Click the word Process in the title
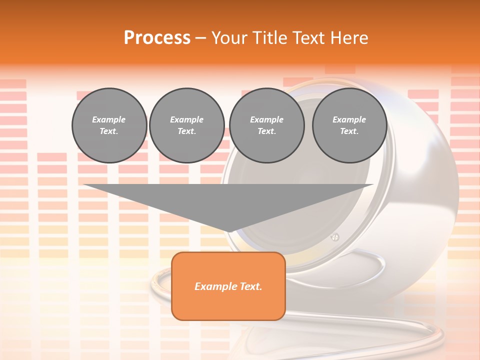pyautogui.click(x=157, y=37)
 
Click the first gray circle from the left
pyautogui.click(x=109, y=125)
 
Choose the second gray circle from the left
pyautogui.click(x=186, y=125)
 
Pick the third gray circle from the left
pyautogui.click(x=266, y=125)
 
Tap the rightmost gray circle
pyautogui.click(x=349, y=125)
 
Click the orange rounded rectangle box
pyautogui.click(x=228, y=286)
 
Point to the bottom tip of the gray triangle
pyautogui.click(x=228, y=232)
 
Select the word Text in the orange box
pyautogui.click(x=251, y=286)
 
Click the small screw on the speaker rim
pyautogui.click(x=335, y=236)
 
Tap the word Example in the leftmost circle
pyautogui.click(x=109, y=119)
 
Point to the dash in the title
pyautogui.click(x=200, y=38)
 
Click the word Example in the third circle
pyautogui.click(x=266, y=119)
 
